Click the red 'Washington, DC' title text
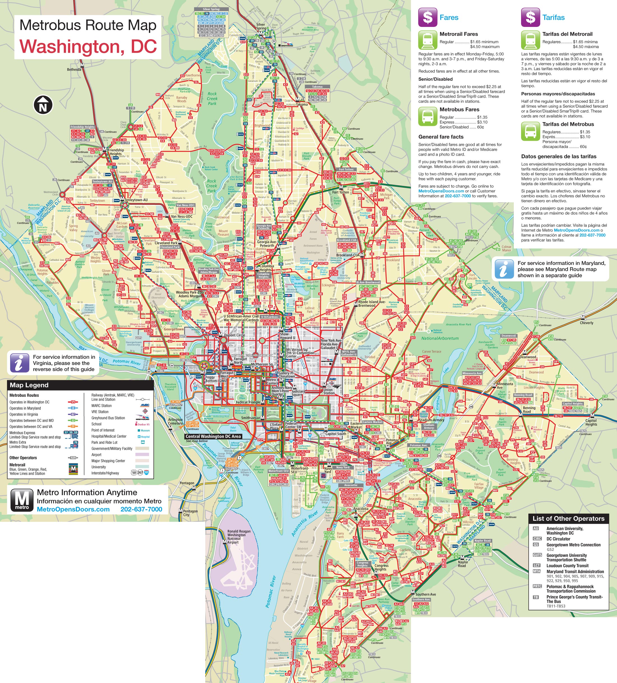pyautogui.click(x=88, y=47)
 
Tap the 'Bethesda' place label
pyautogui.click(x=74, y=70)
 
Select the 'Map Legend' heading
pyautogui.click(x=29, y=385)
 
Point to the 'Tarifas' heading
pyautogui.click(x=553, y=18)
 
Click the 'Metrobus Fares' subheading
pyautogui.click(x=459, y=109)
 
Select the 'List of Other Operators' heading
pyautogui.click(x=568, y=519)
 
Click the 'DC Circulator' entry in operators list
pyautogui.click(x=558, y=539)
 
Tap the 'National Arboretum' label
pyautogui.click(x=440, y=338)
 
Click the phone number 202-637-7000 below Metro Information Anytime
pyautogui.click(x=141, y=509)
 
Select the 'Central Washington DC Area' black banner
pyautogui.click(x=213, y=436)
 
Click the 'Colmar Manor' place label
pyautogui.click(x=507, y=248)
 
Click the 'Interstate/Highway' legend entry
pyautogui.click(x=105, y=473)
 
